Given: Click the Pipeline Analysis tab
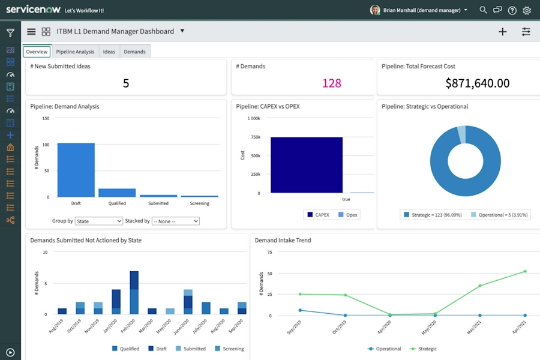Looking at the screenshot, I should [75, 52].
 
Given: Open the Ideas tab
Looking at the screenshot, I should [109, 52].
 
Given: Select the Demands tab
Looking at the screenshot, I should [134, 52].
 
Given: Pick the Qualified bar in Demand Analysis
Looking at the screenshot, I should [117, 193].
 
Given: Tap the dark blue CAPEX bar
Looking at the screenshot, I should [306, 165].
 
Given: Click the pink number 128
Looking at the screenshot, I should [331, 83].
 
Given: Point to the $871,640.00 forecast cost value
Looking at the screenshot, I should [477, 83].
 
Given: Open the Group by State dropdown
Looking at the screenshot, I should [99, 221].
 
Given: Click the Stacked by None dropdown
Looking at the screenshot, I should [175, 221].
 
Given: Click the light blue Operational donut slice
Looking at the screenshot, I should [461, 134].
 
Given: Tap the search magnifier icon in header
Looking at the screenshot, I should [483, 10].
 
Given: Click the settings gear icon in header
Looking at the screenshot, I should [527, 10].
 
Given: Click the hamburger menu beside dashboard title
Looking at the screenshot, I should [31, 32].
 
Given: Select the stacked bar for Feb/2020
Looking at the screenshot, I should [134, 293].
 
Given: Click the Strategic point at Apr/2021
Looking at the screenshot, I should [525, 271].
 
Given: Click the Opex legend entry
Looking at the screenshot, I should [349, 214].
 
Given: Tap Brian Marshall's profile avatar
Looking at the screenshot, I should [375, 10].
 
